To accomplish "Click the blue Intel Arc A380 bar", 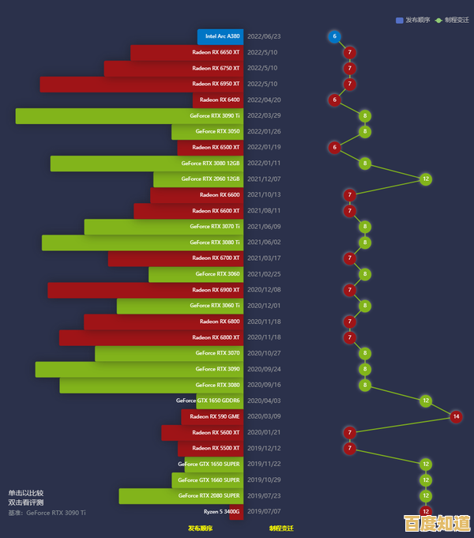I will tap(220, 36).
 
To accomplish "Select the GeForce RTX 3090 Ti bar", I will tap(129, 116).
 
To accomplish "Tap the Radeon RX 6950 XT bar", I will tap(141, 85).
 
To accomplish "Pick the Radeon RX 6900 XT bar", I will tap(145, 290).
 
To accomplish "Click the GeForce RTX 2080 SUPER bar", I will tap(181, 496).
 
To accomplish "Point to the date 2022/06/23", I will tap(264, 36).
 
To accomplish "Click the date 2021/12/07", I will tap(264, 179).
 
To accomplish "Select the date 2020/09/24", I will tap(264, 369).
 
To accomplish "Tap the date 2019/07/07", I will tap(264, 512).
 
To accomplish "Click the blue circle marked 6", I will tap(334, 36).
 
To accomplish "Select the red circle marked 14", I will tap(455, 416).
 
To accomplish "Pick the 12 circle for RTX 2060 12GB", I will tap(426, 179).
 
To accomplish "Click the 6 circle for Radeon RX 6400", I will tap(334, 100).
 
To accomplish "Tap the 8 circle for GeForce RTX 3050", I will tap(364, 132).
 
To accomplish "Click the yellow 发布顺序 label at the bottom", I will tap(200, 529).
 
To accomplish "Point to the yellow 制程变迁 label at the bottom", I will tap(280, 529).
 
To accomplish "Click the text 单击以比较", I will tap(26, 492).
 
